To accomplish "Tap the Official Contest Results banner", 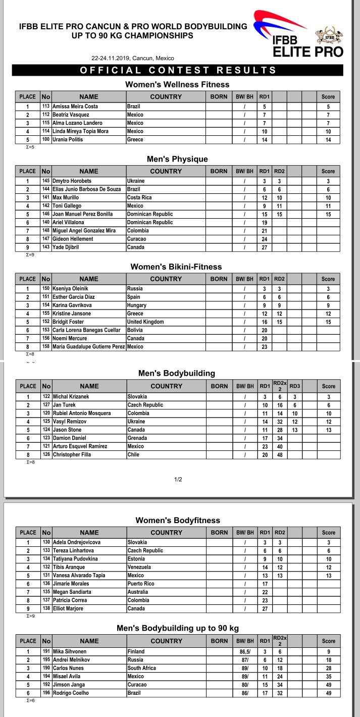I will [178, 71].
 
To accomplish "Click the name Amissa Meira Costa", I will [75, 107].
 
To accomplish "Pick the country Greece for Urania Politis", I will [135, 140].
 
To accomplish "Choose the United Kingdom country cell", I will [145, 322].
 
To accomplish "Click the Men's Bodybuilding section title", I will [177, 374].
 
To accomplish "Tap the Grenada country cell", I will [137, 438].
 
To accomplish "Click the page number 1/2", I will [178, 479].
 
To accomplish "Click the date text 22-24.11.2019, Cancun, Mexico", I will [133, 58].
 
